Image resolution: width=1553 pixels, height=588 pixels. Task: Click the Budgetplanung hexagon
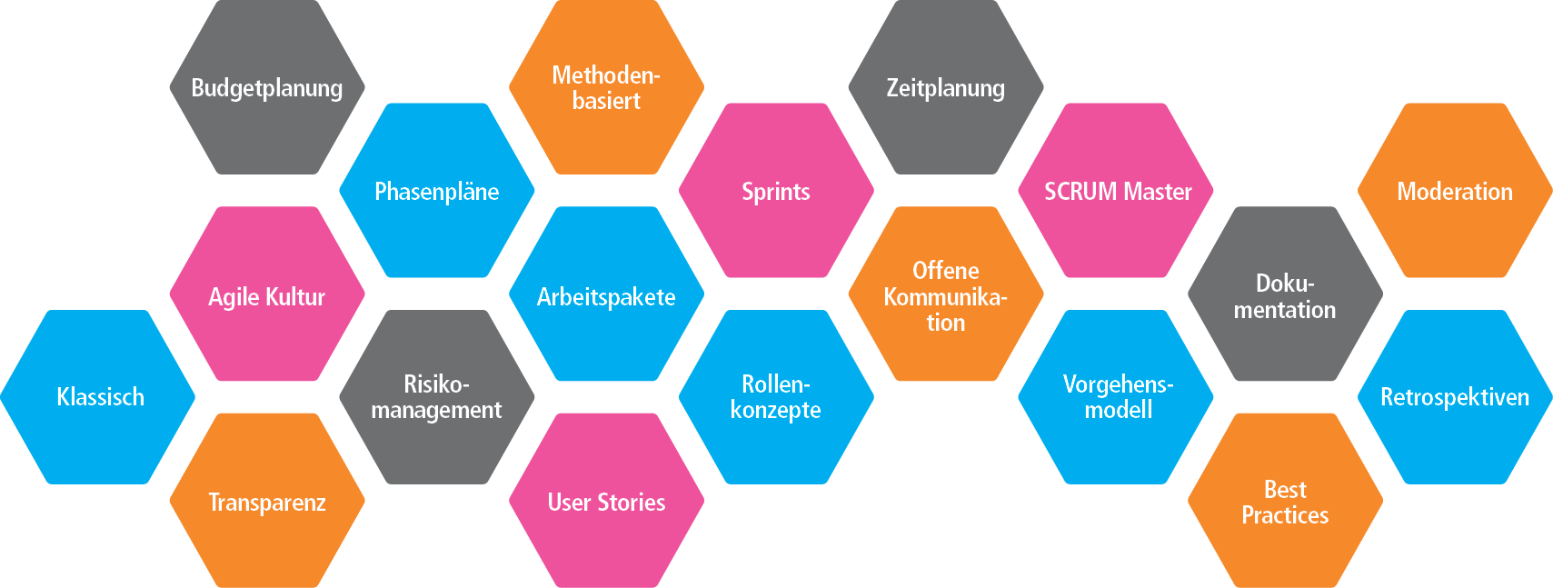266,88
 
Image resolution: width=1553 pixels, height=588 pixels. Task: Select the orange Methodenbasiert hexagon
606,87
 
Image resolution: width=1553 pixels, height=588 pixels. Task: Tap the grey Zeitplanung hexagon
945,88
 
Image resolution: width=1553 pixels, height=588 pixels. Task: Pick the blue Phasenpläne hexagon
436,191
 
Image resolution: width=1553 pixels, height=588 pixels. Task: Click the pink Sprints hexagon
776,191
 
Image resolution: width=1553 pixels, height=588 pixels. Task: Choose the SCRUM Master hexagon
1116,191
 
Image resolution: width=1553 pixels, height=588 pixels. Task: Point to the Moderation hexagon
1454,191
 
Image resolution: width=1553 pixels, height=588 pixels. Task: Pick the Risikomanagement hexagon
436,397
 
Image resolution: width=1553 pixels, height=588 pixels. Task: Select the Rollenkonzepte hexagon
776,397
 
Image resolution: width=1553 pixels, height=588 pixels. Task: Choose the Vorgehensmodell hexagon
1116,397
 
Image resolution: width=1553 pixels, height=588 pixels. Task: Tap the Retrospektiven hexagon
1454,397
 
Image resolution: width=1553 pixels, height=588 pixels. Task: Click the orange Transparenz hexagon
266,502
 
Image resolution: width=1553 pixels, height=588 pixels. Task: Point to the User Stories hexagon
606,502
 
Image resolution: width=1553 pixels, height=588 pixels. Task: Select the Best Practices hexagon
1284,502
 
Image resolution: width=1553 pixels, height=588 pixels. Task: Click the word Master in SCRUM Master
1157,192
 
